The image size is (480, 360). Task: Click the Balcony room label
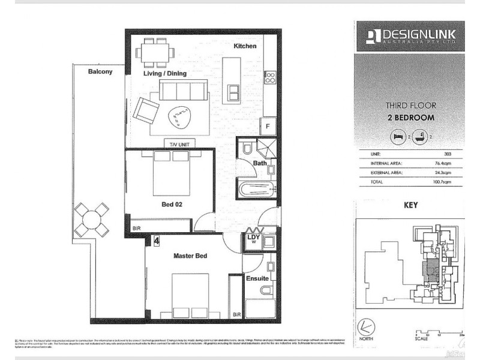(x=100, y=71)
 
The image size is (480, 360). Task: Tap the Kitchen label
(x=245, y=46)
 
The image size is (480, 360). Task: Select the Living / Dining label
(x=164, y=73)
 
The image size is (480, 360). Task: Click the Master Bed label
(x=190, y=256)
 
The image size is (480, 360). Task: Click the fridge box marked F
(x=268, y=127)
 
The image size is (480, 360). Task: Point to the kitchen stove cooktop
(x=270, y=77)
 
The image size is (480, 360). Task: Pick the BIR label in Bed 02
(x=136, y=228)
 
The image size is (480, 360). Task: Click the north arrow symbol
(x=364, y=327)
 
